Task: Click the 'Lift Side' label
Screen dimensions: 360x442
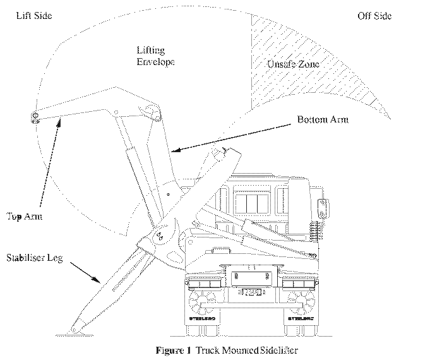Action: pyautogui.click(x=35, y=15)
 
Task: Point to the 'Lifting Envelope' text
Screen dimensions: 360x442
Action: pyautogui.click(x=155, y=56)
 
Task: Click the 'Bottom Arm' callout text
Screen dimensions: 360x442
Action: pyautogui.click(x=322, y=119)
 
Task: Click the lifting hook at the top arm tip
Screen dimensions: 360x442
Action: pyautogui.click(x=35, y=116)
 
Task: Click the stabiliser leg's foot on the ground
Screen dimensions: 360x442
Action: pyautogui.click(x=76, y=329)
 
